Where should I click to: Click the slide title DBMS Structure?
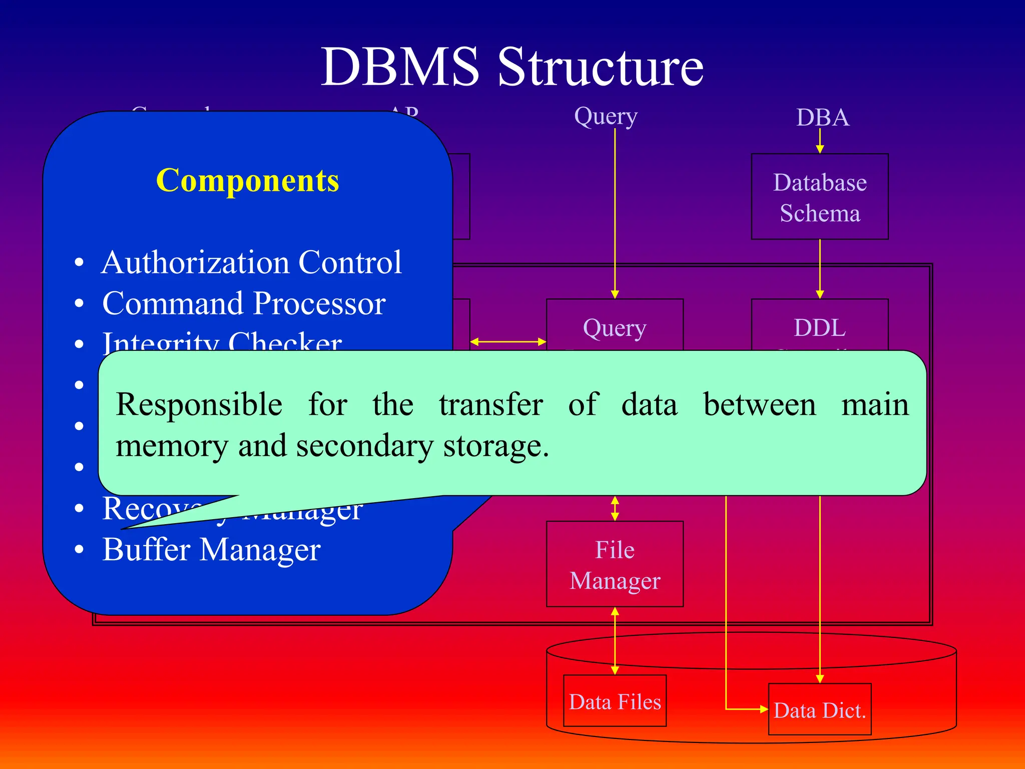(x=512, y=67)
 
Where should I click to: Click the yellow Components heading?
(x=247, y=180)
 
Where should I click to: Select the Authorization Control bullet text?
(x=251, y=262)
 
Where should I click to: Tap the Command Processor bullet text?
(x=244, y=303)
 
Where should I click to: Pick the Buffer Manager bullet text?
(x=211, y=550)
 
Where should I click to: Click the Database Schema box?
(x=819, y=197)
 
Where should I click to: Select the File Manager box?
(x=615, y=564)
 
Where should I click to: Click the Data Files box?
(x=615, y=701)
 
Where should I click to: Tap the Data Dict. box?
(x=819, y=709)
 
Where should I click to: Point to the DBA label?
(x=822, y=118)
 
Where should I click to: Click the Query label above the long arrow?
(x=606, y=116)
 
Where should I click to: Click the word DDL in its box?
(x=819, y=328)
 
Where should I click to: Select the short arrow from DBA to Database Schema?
(x=820, y=141)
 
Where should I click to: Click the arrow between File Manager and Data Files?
(x=615, y=641)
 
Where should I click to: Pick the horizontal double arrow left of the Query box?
(x=508, y=341)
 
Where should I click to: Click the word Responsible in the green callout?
(x=199, y=405)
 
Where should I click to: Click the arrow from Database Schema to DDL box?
(x=820, y=269)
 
